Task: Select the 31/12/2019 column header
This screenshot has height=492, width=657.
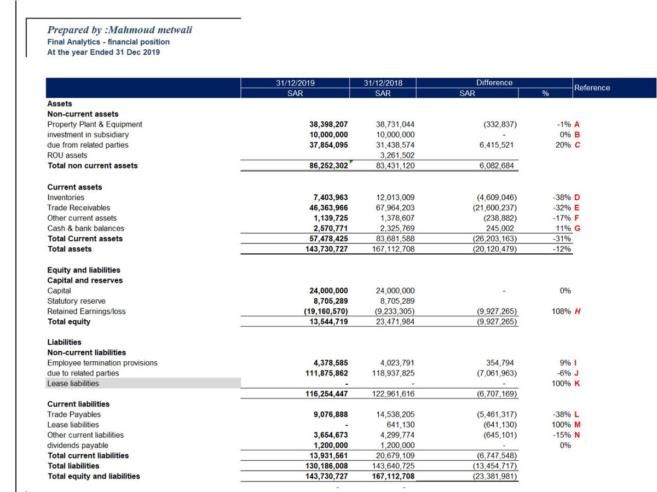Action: click(x=295, y=83)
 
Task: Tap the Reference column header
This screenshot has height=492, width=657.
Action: click(x=592, y=88)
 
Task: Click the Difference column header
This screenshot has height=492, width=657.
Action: click(x=494, y=83)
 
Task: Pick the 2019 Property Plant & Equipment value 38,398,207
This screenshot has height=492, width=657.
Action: click(x=329, y=124)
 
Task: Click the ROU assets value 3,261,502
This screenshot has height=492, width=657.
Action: click(x=395, y=155)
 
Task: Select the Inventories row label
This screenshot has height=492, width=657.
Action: click(x=66, y=197)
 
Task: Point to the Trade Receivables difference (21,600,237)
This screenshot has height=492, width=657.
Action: click(x=495, y=207)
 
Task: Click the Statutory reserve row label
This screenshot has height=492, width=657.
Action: click(x=76, y=301)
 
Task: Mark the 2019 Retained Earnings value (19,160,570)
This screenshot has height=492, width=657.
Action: click(x=327, y=311)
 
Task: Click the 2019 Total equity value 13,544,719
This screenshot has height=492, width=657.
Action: click(x=329, y=322)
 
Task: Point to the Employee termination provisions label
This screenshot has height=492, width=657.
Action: click(x=102, y=363)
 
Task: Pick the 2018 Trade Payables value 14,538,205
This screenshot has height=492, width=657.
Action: click(x=395, y=414)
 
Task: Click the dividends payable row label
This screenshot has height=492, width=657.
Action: click(x=78, y=445)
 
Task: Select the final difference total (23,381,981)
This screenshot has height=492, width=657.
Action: click(x=495, y=476)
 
